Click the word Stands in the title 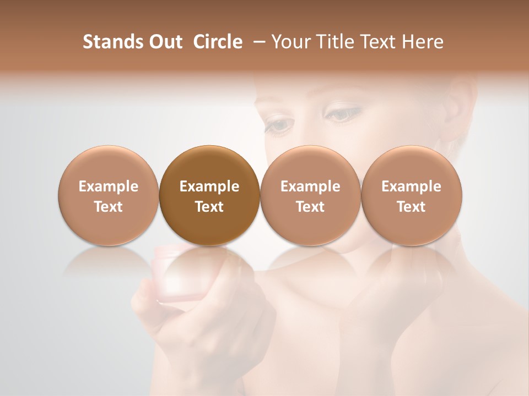point(111,42)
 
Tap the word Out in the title point(164,42)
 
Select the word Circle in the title point(218,42)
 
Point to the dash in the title point(257,42)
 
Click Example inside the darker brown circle point(209,186)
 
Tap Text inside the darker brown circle point(209,207)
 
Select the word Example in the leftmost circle point(108,186)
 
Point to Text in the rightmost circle point(411,207)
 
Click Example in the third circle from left point(310,186)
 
